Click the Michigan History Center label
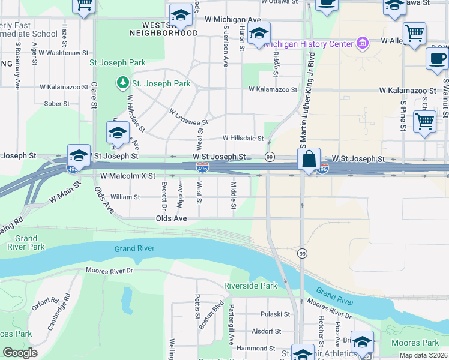pyautogui.click(x=308, y=44)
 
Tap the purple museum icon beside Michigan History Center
pyautogui.click(x=361, y=43)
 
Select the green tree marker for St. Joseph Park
pyautogui.click(x=122, y=82)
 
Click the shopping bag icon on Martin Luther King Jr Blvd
pyautogui.click(x=309, y=160)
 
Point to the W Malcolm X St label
pyautogui.click(x=128, y=176)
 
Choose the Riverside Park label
pyautogui.click(x=251, y=286)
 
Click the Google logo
pyautogui.click(x=20, y=353)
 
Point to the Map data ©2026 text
pyautogui.click(x=424, y=355)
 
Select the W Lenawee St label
pyautogui.click(x=188, y=117)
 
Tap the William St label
pyautogui.click(x=125, y=196)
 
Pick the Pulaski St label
pyautogui.click(x=275, y=314)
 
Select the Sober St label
pyautogui.click(x=57, y=104)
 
